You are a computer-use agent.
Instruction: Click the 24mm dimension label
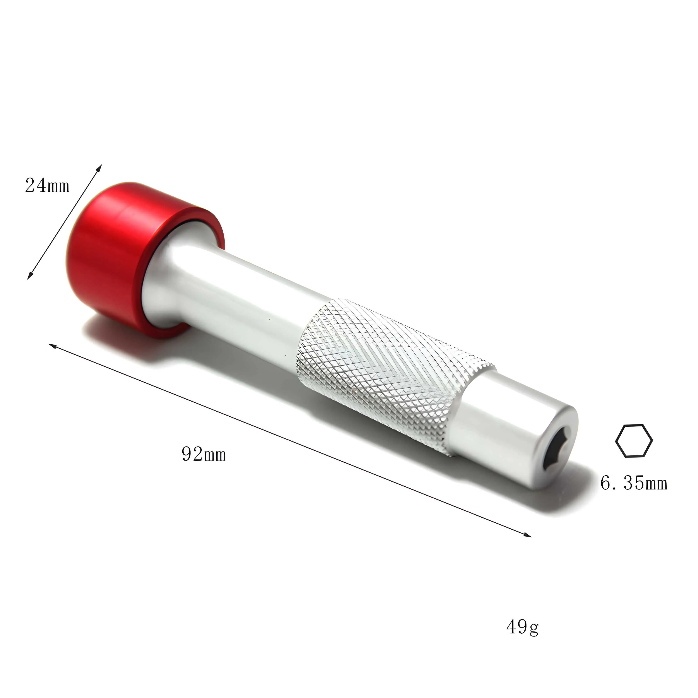pyautogui.click(x=47, y=186)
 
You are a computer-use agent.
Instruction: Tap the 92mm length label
pyautogui.click(x=204, y=454)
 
